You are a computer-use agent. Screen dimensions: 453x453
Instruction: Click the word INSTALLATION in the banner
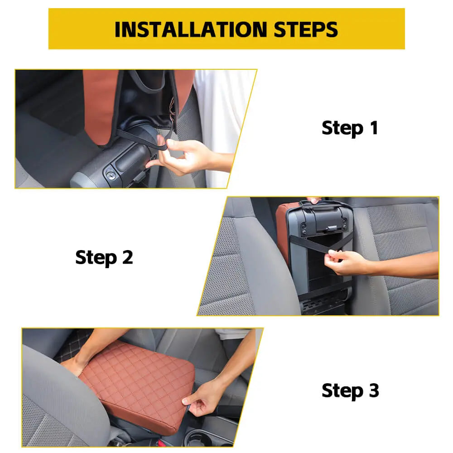click(191, 29)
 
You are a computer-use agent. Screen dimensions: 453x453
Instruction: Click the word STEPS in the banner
click(306, 29)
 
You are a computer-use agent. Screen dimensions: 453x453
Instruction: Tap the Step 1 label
click(350, 128)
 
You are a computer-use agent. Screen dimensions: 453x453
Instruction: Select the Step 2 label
click(104, 258)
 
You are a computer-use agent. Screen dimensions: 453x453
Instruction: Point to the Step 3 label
click(350, 391)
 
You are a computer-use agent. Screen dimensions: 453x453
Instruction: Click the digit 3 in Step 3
click(374, 390)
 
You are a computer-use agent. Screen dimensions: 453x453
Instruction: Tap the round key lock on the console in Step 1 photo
click(111, 175)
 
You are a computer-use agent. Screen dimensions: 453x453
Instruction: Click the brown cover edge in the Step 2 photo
click(282, 231)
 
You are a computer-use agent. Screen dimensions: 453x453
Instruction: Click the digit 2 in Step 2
click(127, 257)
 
